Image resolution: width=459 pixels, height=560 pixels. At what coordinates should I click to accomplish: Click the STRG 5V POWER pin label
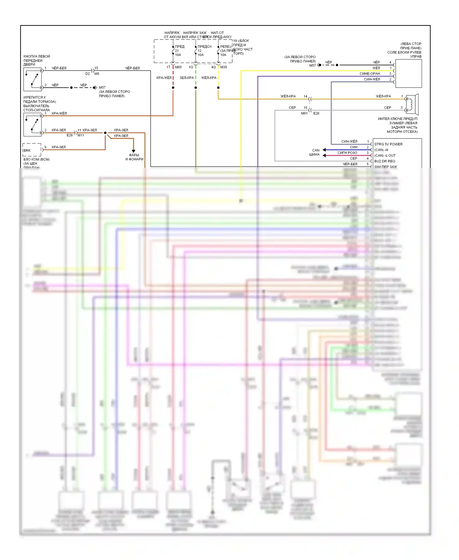pos(388,144)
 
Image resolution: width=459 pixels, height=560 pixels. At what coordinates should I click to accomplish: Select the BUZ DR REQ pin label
pos(385,161)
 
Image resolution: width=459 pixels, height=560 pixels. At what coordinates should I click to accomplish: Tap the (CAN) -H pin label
pos(381,150)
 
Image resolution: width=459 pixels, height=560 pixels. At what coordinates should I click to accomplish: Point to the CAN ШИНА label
pos(315,152)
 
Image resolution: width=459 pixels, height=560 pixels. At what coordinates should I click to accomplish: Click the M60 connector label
pos(178,67)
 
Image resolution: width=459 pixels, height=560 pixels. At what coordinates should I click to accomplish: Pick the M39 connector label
pos(224,67)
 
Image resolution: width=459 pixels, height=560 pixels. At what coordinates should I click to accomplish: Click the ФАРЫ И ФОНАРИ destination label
pos(134,157)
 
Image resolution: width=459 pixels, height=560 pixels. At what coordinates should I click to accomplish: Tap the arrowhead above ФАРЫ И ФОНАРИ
pos(133,151)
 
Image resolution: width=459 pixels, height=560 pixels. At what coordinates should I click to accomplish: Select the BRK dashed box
pos(32,150)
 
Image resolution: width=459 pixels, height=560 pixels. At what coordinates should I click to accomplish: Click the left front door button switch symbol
pos(32,79)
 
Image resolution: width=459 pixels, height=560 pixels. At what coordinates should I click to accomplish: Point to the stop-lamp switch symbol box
pos(32,125)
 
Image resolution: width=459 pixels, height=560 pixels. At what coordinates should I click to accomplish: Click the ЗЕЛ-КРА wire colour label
pos(187,78)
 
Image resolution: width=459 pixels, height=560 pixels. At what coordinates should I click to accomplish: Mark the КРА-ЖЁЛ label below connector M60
pos(164,78)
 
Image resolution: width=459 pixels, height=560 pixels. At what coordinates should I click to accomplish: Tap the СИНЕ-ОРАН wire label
pos(370,74)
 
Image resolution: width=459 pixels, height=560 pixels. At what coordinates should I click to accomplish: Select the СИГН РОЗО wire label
pos(347,153)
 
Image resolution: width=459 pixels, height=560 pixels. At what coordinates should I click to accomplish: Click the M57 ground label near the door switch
pos(102,88)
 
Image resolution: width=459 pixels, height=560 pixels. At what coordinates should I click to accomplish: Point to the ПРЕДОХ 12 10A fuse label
pos(204,51)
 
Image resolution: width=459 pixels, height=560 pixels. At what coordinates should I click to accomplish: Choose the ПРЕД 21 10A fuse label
pos(179,51)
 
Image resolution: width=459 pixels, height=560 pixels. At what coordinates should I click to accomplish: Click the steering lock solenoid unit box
pos(408,74)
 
